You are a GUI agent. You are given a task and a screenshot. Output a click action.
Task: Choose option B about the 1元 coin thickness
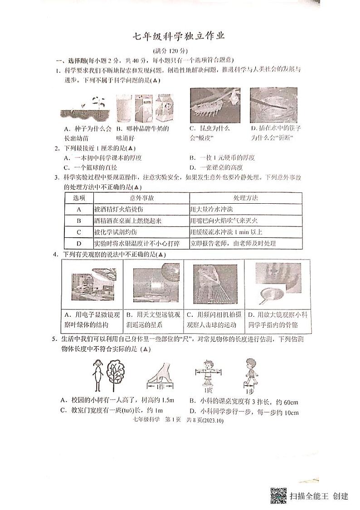click(222, 158)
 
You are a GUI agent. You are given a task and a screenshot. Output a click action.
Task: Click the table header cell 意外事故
click(141, 198)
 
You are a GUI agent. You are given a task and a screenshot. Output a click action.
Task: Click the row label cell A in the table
click(79, 210)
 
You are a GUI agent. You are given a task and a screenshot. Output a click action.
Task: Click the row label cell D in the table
click(79, 244)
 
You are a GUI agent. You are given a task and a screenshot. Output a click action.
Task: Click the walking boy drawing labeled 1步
click(249, 374)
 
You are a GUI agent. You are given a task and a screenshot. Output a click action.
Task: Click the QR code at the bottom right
click(278, 495)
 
